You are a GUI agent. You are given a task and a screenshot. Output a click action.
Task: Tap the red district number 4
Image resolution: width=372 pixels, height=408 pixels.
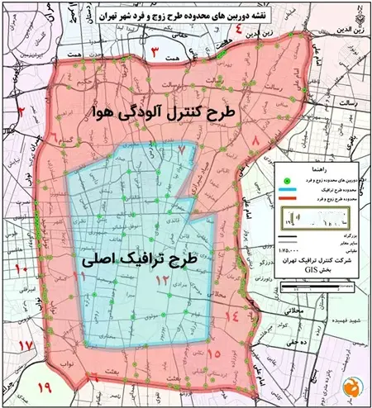pyautogui.click(x=236, y=33)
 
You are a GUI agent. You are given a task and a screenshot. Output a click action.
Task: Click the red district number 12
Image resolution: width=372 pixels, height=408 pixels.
pyautogui.click(x=163, y=281)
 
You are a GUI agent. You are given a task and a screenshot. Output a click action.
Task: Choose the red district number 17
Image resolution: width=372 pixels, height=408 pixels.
pyautogui.click(x=25, y=344)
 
